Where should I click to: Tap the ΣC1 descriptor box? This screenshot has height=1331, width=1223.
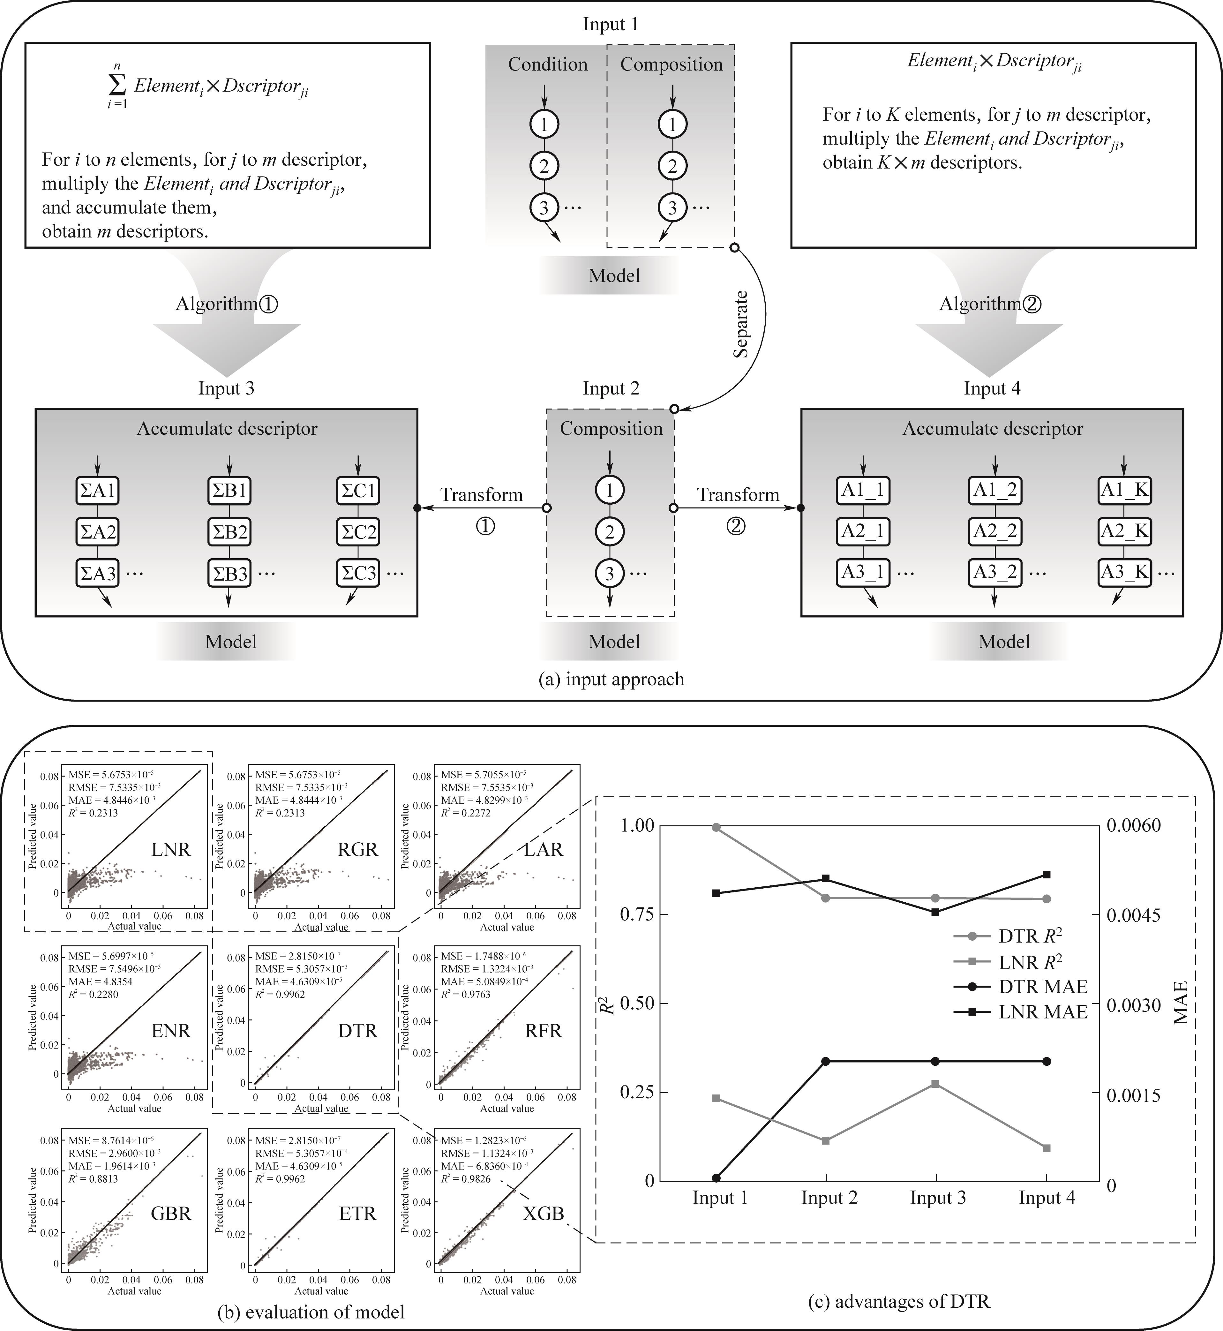(x=358, y=491)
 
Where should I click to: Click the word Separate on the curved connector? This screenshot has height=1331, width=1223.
(x=741, y=324)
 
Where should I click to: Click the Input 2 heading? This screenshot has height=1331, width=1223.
(x=611, y=388)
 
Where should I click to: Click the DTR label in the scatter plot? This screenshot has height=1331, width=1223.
(x=357, y=1031)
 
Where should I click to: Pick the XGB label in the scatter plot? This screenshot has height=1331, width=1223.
(x=543, y=1213)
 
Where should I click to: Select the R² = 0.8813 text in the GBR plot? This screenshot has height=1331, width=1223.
(x=93, y=1179)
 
